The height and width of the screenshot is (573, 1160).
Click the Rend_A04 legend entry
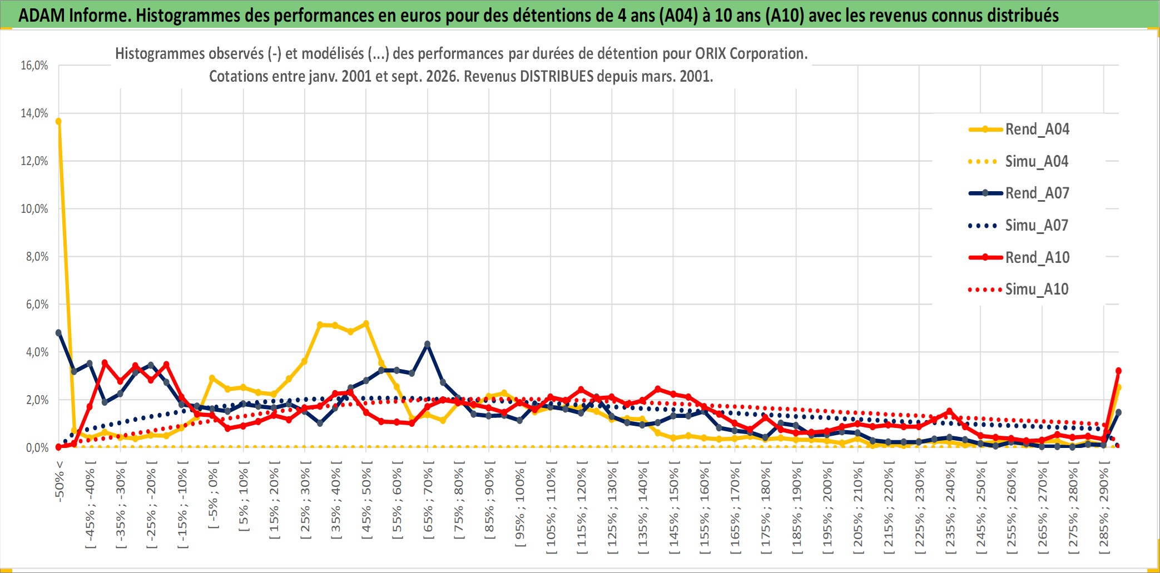(x=1019, y=129)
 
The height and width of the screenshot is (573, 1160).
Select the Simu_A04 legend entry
(x=1019, y=162)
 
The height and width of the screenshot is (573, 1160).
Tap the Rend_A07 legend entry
(x=1019, y=193)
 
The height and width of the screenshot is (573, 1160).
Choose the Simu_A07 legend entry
(x=1019, y=226)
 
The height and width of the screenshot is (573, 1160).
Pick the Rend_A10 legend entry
(x=1019, y=257)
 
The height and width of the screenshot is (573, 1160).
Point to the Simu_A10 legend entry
(x=1019, y=289)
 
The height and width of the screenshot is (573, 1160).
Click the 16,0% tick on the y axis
(x=34, y=66)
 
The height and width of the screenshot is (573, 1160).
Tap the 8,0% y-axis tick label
(x=37, y=257)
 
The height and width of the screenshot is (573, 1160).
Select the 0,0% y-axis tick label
(x=37, y=448)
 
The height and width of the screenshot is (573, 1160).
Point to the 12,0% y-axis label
(x=34, y=161)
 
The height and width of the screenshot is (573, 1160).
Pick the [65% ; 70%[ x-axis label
(x=428, y=504)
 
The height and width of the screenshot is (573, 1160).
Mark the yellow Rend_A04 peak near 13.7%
(x=58, y=121)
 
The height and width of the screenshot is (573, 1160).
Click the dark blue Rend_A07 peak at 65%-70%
(x=427, y=344)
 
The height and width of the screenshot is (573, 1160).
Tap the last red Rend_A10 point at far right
(x=1118, y=371)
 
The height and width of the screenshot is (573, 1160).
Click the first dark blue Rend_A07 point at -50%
(x=58, y=333)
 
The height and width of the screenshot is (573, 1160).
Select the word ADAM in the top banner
(x=42, y=16)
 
